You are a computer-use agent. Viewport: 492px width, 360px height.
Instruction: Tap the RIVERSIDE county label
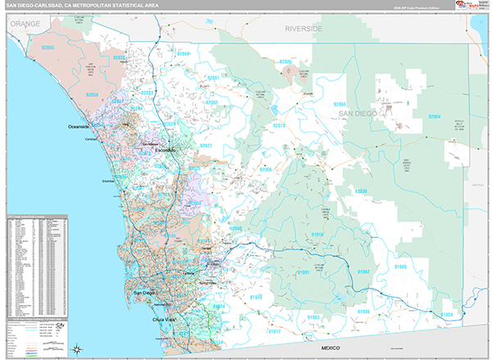point(303,29)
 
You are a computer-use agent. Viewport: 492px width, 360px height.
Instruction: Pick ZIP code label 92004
point(435,118)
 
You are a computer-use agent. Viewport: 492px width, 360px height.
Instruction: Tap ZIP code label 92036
point(360,191)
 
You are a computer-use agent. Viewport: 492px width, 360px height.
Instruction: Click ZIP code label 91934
point(446,314)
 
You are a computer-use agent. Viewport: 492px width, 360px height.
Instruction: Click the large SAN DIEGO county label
point(358,113)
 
